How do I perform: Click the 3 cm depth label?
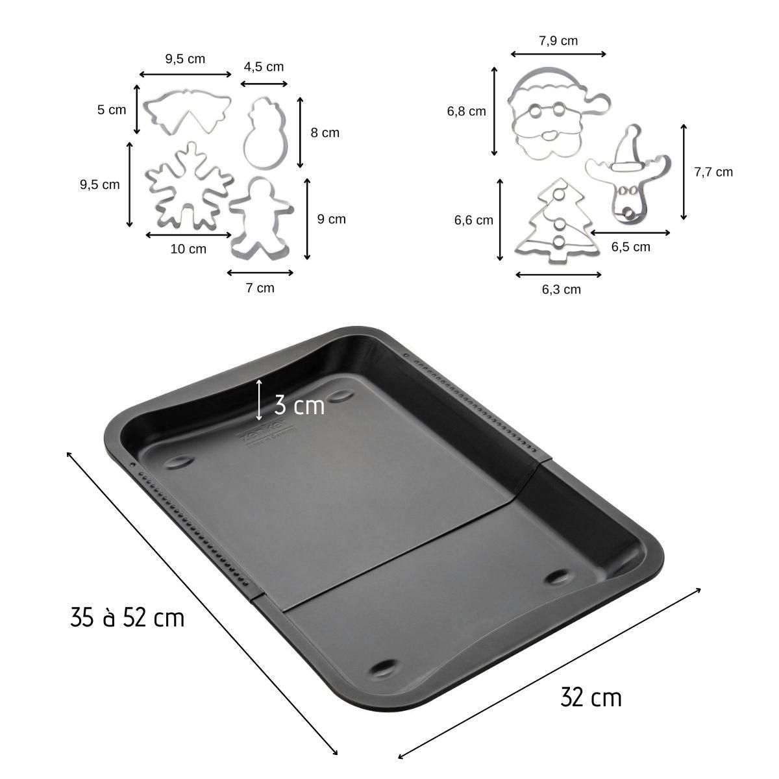299,406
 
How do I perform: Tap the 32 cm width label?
591,698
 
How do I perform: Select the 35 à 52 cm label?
127,617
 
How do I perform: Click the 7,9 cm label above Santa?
558,41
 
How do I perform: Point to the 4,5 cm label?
264,67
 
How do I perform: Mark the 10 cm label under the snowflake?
188,249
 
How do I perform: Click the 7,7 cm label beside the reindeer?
713,172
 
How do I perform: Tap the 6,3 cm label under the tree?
561,290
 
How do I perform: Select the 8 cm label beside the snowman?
325,133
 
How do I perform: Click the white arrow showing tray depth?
259,399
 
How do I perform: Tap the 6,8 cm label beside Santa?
466,111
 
